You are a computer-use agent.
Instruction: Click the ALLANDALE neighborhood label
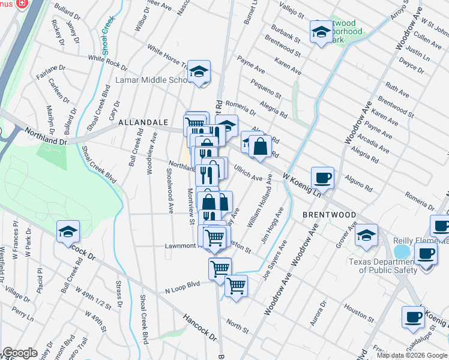tap(143, 122)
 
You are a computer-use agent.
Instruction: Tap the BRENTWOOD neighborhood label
tap(328, 214)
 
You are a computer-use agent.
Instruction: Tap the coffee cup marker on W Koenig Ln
tap(323, 177)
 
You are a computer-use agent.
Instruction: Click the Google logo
tap(20, 353)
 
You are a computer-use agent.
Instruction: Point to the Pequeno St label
tap(266, 88)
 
